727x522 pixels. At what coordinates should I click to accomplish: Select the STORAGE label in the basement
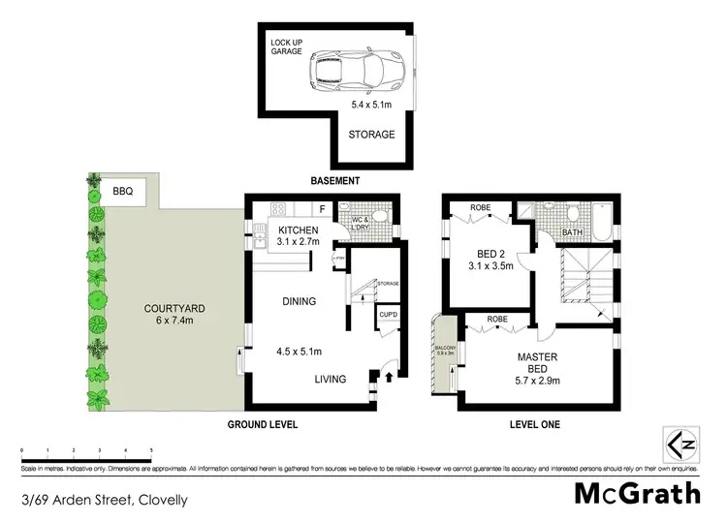pyautogui.click(x=372, y=135)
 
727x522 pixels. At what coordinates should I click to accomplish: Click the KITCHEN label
pyautogui.click(x=298, y=230)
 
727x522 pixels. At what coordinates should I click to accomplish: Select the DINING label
pyautogui.click(x=299, y=301)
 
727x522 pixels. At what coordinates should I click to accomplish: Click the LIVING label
pyautogui.click(x=330, y=379)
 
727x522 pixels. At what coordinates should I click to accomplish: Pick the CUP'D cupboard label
pyautogui.click(x=387, y=316)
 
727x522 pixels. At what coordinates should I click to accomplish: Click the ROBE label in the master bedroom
pyautogui.click(x=498, y=319)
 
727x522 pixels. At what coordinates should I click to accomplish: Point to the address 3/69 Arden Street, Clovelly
pyautogui.click(x=104, y=501)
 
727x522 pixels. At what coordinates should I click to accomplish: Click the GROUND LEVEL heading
pyautogui.click(x=264, y=424)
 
